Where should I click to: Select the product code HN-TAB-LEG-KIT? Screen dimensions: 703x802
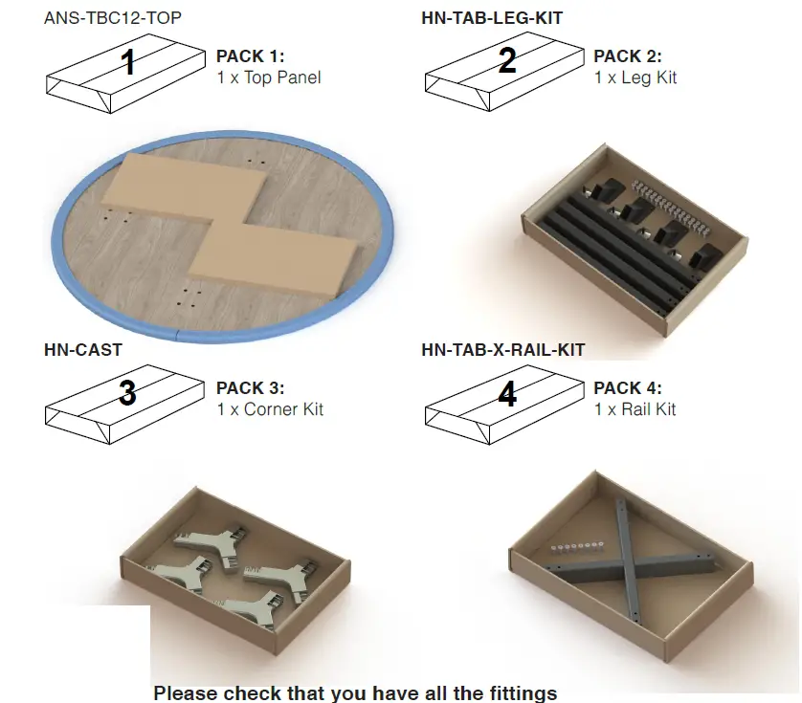click(x=492, y=18)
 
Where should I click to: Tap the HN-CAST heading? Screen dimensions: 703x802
click(x=82, y=350)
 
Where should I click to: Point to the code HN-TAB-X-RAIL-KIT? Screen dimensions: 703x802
click(x=502, y=350)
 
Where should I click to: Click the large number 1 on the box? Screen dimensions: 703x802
click(x=127, y=62)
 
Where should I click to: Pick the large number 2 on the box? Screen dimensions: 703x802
click(x=507, y=61)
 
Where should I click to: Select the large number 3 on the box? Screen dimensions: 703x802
click(x=127, y=393)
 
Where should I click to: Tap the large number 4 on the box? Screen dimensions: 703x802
click(x=507, y=393)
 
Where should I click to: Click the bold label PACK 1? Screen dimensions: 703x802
click(x=251, y=56)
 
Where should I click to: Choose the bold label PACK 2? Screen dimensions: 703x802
click(x=628, y=56)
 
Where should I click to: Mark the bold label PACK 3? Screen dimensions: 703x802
click(x=251, y=388)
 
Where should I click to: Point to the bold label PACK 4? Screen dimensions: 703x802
click(x=628, y=388)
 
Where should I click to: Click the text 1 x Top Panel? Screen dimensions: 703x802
click(x=269, y=77)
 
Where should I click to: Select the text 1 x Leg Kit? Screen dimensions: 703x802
click(x=635, y=77)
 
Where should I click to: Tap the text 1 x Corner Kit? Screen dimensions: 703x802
click(x=270, y=409)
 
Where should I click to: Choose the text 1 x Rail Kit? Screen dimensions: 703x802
click(x=635, y=409)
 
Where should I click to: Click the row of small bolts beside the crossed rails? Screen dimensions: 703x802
click(x=576, y=547)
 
